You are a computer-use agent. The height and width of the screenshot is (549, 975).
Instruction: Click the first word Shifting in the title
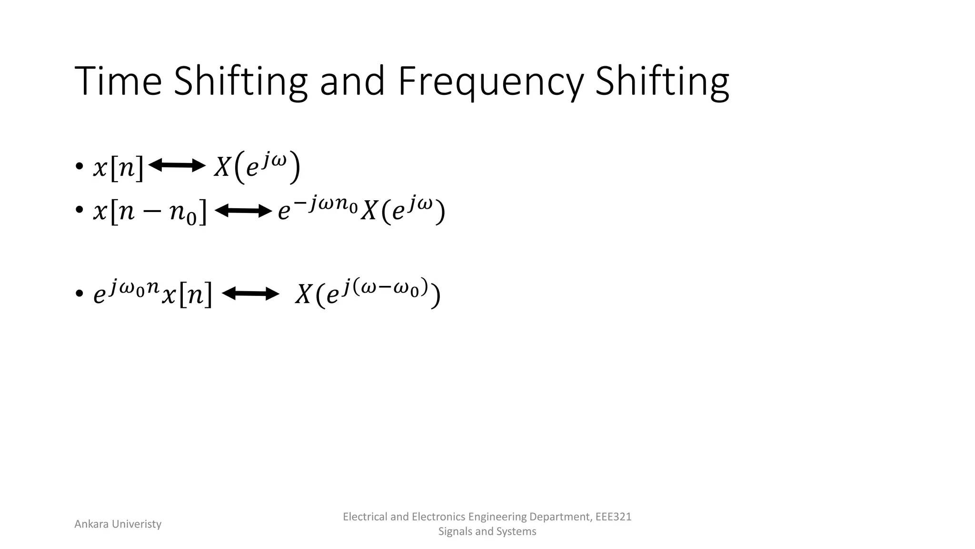pos(240,82)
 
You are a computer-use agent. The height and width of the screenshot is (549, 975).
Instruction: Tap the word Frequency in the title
pos(490,82)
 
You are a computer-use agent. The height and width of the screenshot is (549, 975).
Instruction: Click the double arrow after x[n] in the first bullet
pos(177,165)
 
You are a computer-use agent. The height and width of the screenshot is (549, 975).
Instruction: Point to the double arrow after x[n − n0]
pos(243,210)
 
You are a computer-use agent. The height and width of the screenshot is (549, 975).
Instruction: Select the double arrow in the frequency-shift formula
pos(250,294)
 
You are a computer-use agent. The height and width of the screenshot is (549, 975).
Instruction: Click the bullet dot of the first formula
pos(79,167)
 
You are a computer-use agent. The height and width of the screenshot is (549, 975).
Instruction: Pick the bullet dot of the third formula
pos(79,294)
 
